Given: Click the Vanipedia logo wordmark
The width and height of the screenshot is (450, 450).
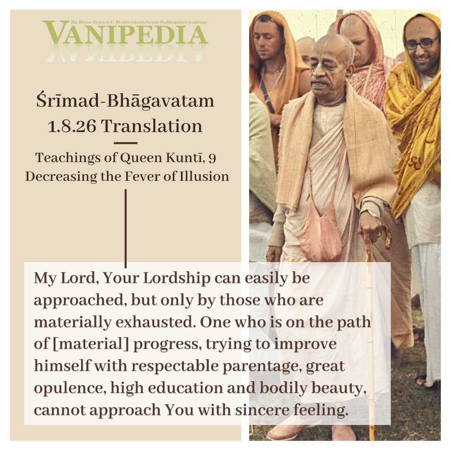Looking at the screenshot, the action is pyautogui.click(x=125, y=33).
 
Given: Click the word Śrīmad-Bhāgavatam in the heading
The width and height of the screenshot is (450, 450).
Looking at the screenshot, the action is pyautogui.click(x=125, y=101).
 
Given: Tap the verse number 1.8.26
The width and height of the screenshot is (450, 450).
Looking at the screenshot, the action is pyautogui.click(x=72, y=126).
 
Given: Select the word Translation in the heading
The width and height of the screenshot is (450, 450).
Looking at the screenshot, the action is pyautogui.click(x=152, y=126).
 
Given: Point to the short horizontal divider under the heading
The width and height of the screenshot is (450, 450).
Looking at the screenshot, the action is pyautogui.click(x=125, y=142).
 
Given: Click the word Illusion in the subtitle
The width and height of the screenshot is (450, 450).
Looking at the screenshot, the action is pyautogui.click(x=204, y=176).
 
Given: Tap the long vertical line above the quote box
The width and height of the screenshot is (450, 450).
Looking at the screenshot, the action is pyautogui.click(x=125, y=228).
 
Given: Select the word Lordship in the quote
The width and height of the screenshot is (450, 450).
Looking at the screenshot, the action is pyautogui.click(x=177, y=278).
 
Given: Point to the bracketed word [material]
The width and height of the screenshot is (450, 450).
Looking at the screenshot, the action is pyautogui.click(x=91, y=344).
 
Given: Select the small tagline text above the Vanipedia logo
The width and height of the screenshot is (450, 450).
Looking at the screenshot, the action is pyautogui.click(x=139, y=22).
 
